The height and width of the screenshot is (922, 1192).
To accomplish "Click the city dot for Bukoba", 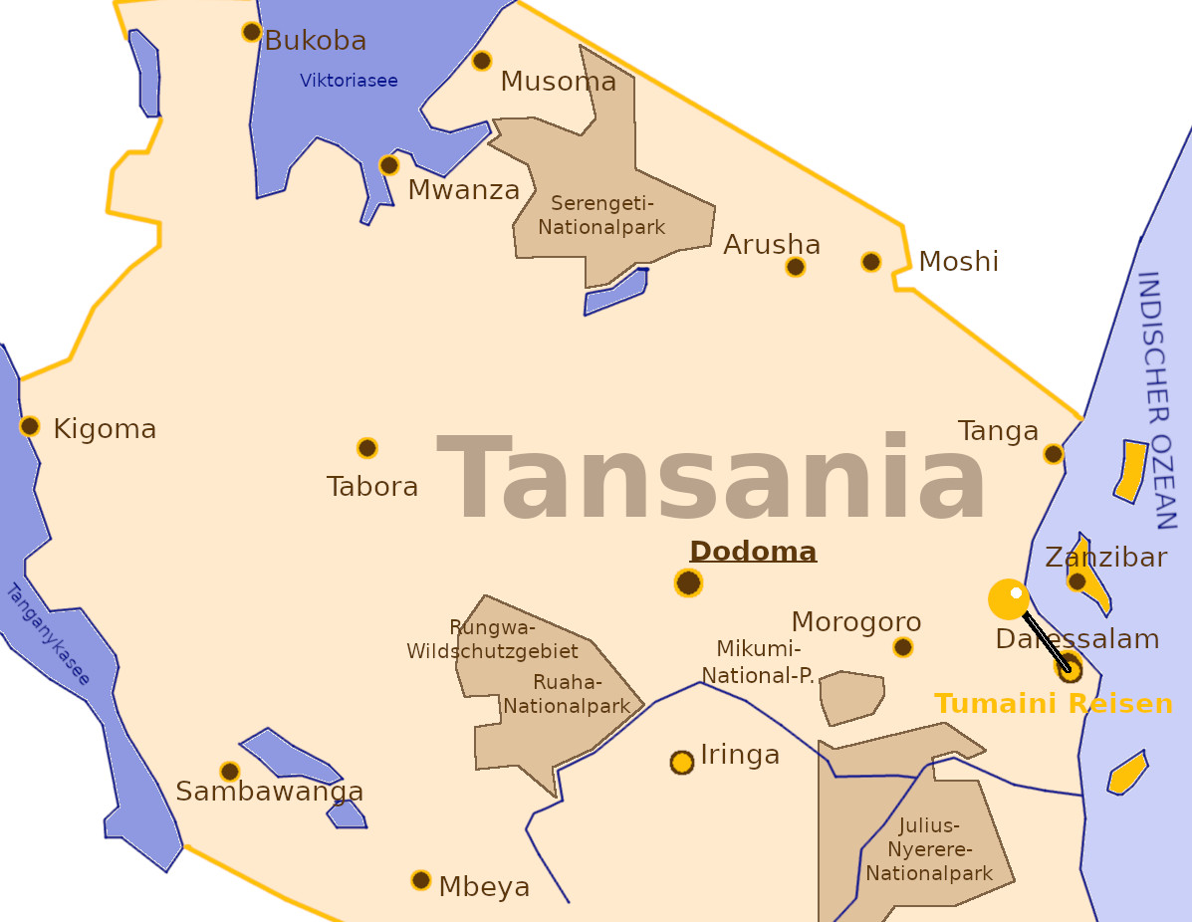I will pyautogui.click(x=252, y=32).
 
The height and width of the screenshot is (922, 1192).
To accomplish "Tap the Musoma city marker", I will pyautogui.click(x=482, y=61).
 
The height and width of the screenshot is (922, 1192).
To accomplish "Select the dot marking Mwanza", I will pyautogui.click(x=389, y=165).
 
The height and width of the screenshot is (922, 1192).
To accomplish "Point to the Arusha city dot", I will pyautogui.click(x=795, y=267).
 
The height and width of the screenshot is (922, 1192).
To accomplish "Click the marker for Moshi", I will pyautogui.click(x=871, y=262).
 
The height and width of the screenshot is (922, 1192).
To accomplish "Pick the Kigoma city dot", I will pyautogui.click(x=30, y=426).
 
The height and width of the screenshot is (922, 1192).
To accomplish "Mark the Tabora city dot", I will pyautogui.click(x=367, y=448).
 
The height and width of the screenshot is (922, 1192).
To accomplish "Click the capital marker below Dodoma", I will pyautogui.click(x=688, y=582).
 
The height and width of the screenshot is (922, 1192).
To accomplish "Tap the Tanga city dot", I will pyautogui.click(x=1054, y=454).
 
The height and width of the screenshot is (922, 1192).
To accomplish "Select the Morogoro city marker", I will pyautogui.click(x=903, y=647).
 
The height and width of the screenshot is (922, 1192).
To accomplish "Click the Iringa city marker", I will pyautogui.click(x=682, y=763).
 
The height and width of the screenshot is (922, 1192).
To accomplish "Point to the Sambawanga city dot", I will pyautogui.click(x=230, y=772).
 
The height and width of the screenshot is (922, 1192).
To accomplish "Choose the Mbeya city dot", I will pyautogui.click(x=421, y=880).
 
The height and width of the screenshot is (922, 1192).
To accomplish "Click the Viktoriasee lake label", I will pyautogui.click(x=349, y=81).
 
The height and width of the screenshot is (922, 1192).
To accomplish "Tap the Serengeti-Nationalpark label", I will pyautogui.click(x=601, y=216).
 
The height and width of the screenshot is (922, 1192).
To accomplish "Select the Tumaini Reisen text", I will pyautogui.click(x=1054, y=705).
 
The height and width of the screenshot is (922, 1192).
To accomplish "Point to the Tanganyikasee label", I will pyautogui.click(x=48, y=634).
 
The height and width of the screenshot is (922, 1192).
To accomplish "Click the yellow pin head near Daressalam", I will pyautogui.click(x=1008, y=598).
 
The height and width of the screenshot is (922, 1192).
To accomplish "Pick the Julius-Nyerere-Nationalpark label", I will pyautogui.click(x=929, y=849).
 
